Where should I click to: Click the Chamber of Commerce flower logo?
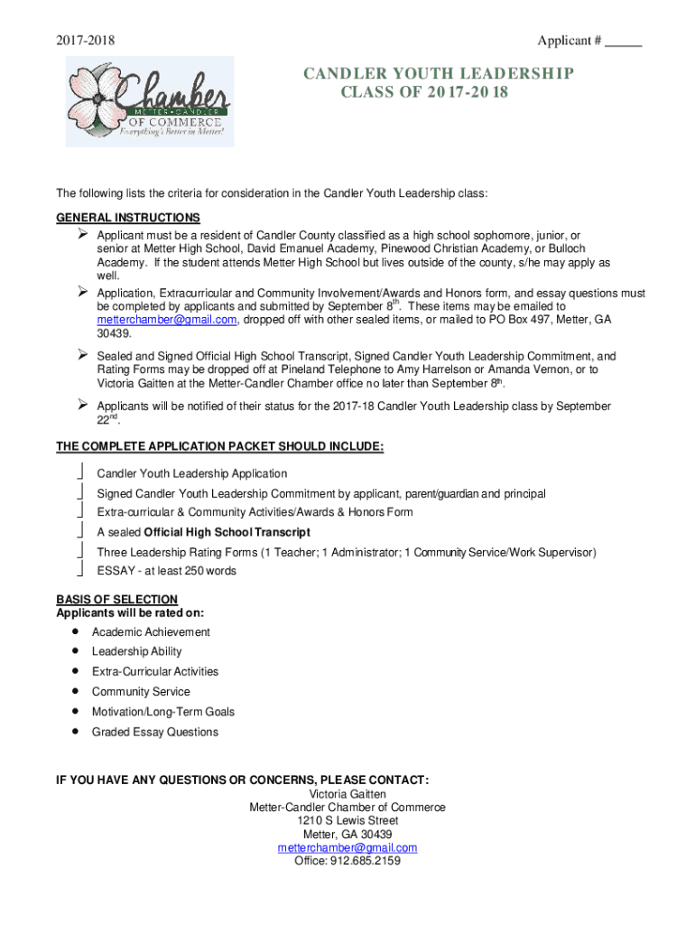(149, 101)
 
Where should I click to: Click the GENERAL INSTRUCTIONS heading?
(128, 218)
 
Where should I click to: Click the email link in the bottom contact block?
(347, 847)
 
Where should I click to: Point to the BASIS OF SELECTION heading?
(116, 600)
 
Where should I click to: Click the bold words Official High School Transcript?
(227, 532)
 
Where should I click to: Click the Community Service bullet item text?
(141, 692)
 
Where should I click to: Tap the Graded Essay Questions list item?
(154, 732)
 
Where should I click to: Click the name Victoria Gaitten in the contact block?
(347, 794)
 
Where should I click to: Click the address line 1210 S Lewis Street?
(347, 821)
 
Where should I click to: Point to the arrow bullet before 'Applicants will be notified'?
(79, 406)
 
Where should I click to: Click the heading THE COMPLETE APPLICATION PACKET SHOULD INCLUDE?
(220, 447)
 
